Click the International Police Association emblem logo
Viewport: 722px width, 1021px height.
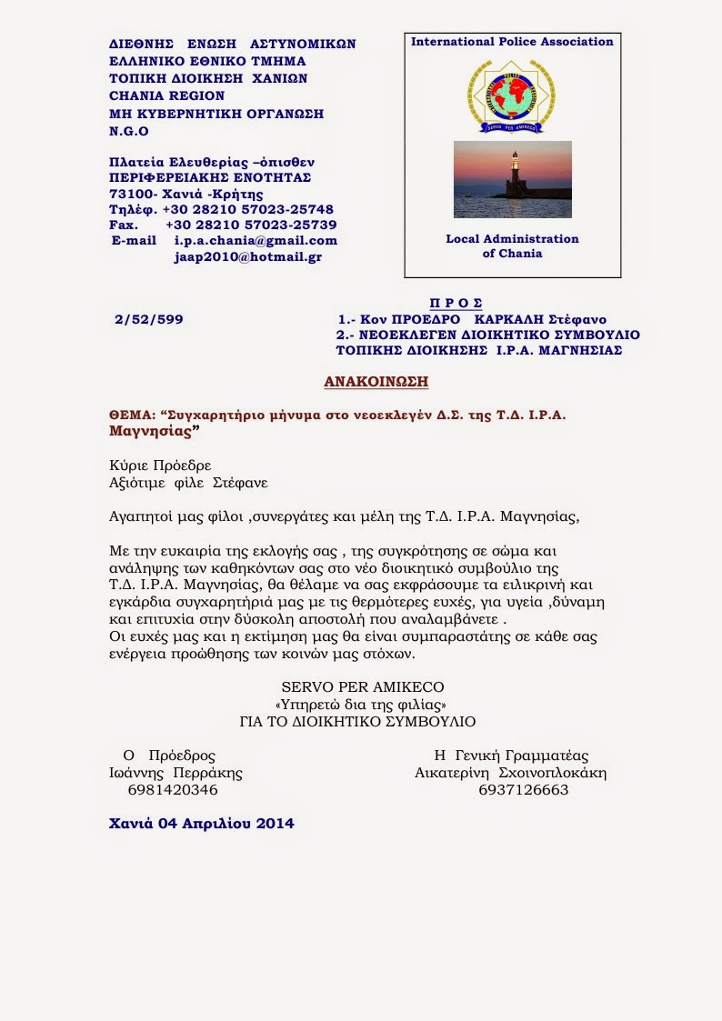click(511, 95)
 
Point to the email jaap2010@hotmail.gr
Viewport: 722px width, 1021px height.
click(247, 257)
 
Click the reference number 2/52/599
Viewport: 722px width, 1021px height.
click(149, 320)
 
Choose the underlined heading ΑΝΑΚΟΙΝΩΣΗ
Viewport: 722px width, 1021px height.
click(376, 381)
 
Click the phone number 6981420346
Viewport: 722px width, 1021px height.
click(174, 790)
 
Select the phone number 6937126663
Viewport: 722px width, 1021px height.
click(523, 790)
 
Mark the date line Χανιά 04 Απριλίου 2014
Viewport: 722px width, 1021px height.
click(201, 824)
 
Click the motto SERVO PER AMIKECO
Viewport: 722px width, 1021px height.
click(360, 687)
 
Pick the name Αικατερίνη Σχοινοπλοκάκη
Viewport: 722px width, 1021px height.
click(510, 773)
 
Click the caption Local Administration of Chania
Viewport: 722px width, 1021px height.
click(512, 245)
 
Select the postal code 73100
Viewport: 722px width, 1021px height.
click(130, 194)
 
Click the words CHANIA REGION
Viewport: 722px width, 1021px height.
click(166, 95)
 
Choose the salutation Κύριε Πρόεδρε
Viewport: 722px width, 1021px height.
click(159, 465)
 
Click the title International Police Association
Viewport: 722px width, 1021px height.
click(512, 42)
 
